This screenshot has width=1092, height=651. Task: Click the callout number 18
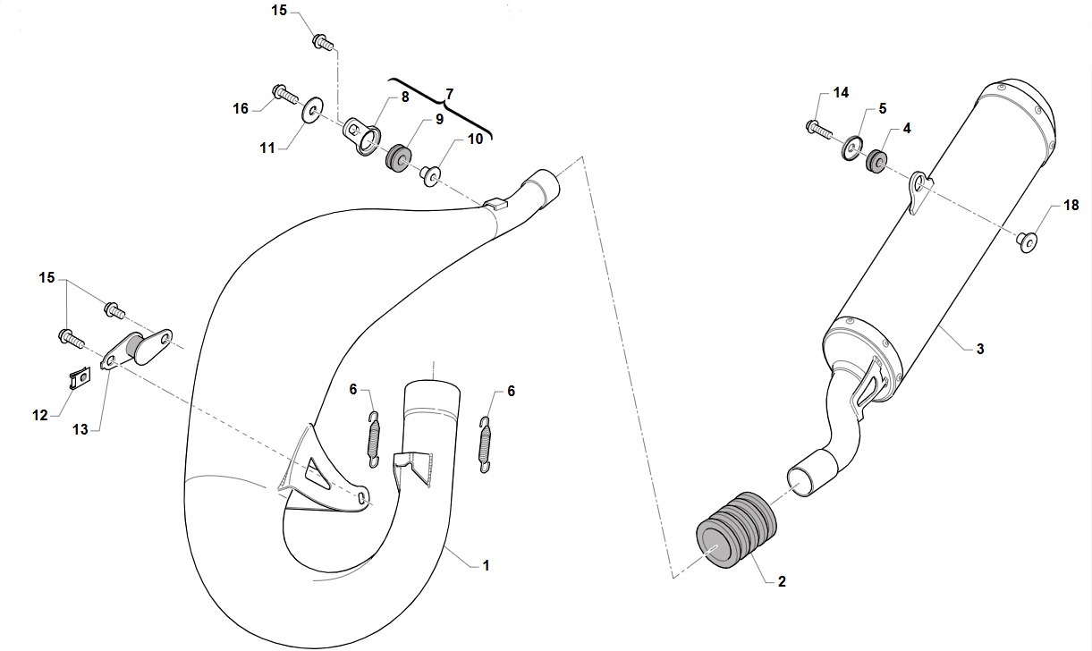point(1071,205)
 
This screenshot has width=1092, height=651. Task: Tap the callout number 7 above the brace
point(449,94)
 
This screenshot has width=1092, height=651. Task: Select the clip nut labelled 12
point(80,377)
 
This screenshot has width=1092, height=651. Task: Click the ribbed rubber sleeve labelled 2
point(736,529)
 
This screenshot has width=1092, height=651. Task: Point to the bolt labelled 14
point(819,130)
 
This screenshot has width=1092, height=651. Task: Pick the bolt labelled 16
point(285,94)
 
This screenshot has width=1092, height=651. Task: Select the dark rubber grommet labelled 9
point(398,156)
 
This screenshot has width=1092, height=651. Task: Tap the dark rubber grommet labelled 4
point(876,161)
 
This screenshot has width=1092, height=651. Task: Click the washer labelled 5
point(851,148)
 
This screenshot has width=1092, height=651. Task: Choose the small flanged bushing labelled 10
point(430,176)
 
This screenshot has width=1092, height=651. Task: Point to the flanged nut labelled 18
point(1027,242)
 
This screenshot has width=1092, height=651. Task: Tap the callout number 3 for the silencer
point(980,349)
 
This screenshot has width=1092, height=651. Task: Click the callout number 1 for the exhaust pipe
point(486,565)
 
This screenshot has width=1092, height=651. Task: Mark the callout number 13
point(80,429)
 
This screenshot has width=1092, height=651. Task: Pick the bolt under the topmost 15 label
point(323,42)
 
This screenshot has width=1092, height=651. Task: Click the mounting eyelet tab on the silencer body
point(919,191)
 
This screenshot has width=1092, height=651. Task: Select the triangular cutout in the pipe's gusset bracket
point(316,471)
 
